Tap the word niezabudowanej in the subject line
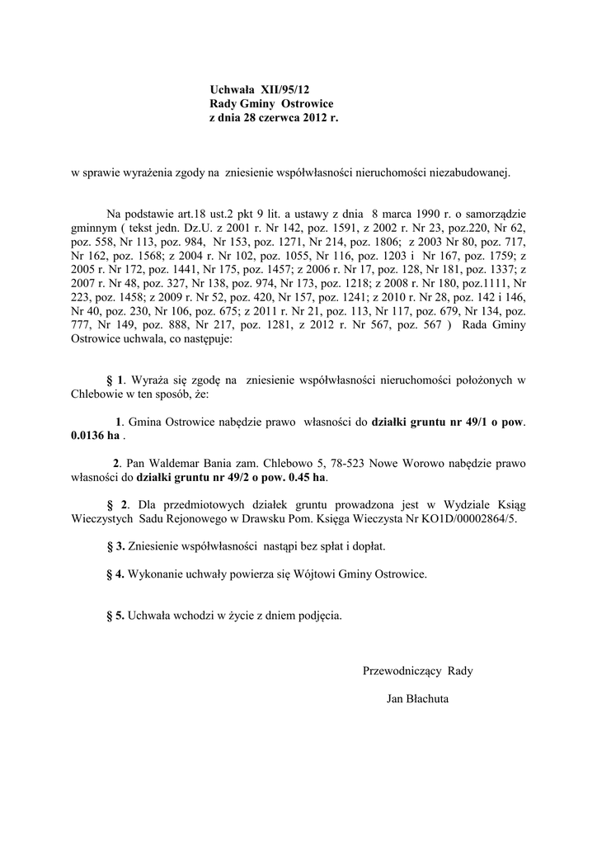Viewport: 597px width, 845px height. pos(469,173)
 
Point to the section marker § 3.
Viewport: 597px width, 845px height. pos(116,546)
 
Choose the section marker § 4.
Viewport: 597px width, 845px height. pos(116,574)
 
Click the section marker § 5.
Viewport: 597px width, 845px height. pos(116,616)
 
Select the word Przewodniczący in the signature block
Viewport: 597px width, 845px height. pos(402,671)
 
